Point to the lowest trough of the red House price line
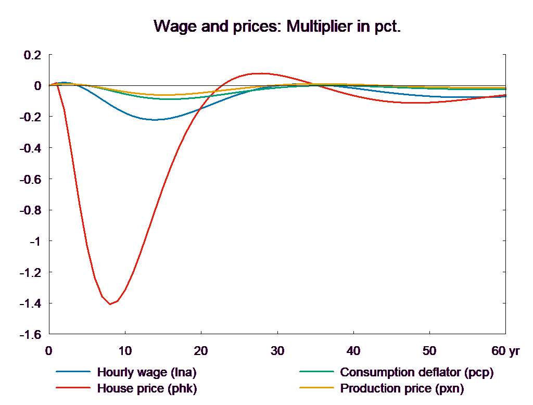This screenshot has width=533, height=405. click(110, 304)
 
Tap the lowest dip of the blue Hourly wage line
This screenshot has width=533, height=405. click(155, 120)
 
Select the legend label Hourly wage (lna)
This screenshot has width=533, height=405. click(147, 372)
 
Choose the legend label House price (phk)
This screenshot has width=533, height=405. click(147, 388)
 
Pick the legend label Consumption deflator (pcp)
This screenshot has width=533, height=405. click(416, 372)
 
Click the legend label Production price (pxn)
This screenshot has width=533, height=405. click(402, 388)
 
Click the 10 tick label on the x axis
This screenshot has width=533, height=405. click(125, 351)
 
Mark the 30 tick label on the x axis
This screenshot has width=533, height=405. click(277, 351)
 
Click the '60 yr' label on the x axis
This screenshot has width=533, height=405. click(505, 351)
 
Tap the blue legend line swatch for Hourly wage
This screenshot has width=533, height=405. click(73, 372)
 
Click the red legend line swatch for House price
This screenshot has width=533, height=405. click(73, 388)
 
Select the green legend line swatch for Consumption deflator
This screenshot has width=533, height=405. click(316, 372)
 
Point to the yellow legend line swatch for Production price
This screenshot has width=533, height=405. click(316, 388)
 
